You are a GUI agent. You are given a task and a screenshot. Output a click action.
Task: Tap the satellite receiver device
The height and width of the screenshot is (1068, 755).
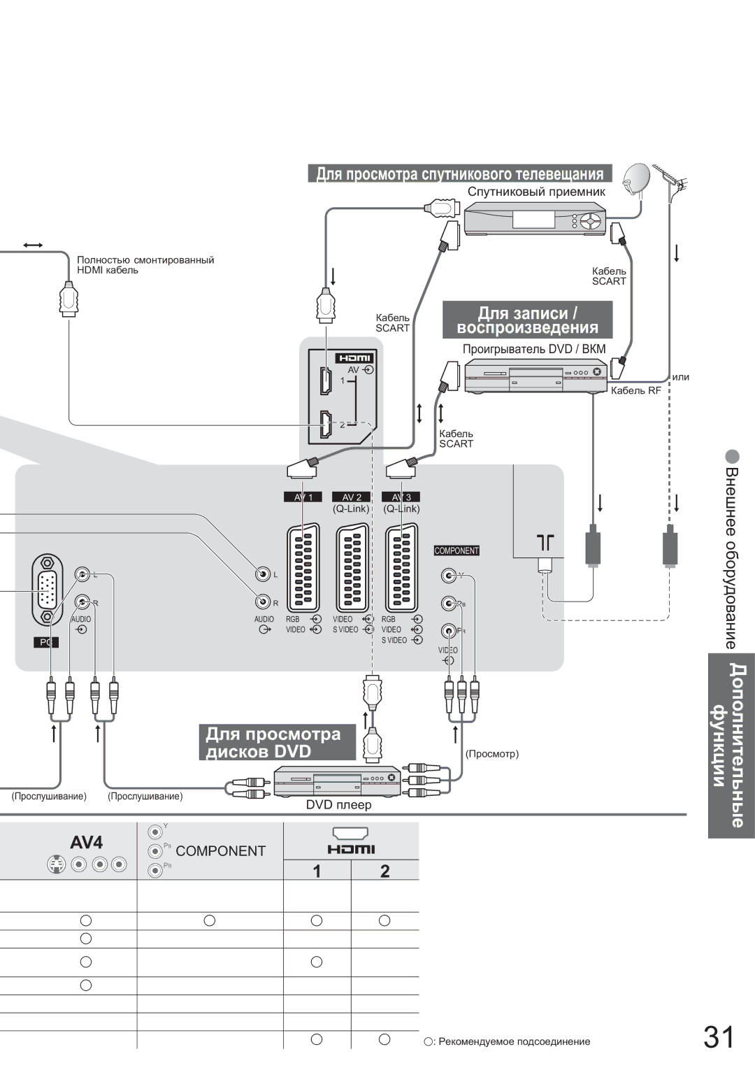(535, 219)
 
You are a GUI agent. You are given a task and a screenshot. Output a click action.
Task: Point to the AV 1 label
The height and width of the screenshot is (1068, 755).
(303, 497)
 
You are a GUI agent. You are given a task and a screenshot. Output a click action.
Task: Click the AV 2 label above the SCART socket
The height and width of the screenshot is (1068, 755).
(352, 497)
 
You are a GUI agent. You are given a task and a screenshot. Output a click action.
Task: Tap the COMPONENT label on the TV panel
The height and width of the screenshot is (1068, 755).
(456, 550)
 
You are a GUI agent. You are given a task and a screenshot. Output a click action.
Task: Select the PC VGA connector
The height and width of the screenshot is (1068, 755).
(48, 590)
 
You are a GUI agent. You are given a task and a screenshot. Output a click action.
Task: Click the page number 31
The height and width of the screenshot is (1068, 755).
(719, 1037)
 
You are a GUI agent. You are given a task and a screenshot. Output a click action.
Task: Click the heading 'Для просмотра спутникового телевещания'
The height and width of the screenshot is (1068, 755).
(459, 173)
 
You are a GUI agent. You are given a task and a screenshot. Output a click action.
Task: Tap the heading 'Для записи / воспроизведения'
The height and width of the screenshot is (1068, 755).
(528, 320)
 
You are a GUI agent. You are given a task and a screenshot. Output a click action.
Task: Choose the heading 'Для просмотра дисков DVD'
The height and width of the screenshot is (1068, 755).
(277, 742)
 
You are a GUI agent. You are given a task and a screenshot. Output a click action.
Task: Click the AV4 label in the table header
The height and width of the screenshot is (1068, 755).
(86, 842)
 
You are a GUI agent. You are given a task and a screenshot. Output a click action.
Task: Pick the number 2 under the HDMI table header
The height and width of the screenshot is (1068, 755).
(384, 871)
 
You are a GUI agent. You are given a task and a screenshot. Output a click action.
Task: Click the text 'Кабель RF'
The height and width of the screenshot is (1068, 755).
(635, 390)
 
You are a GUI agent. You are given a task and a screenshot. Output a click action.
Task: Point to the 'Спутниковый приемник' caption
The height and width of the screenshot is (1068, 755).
(536, 192)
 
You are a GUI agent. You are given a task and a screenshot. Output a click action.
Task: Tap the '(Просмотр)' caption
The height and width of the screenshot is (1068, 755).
(492, 753)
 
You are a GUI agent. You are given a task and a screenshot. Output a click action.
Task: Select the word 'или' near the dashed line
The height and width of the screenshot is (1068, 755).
(680, 377)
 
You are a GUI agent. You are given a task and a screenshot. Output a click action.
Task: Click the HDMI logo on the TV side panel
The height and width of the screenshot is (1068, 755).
(355, 358)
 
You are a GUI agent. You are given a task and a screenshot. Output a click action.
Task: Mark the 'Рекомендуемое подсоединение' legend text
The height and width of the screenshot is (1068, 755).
(514, 1041)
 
